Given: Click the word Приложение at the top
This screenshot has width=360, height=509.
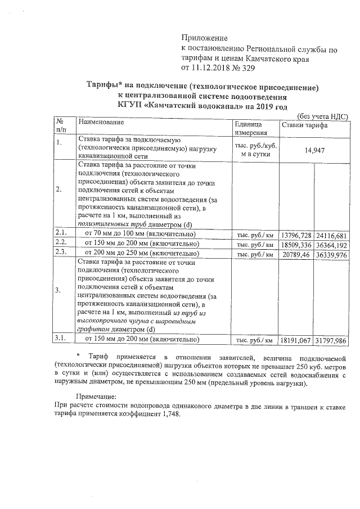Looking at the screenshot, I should coord(204,38).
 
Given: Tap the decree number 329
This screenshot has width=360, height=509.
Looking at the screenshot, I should coord(247,69).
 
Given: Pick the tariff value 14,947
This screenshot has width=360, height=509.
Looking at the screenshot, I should coord(314,150).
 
